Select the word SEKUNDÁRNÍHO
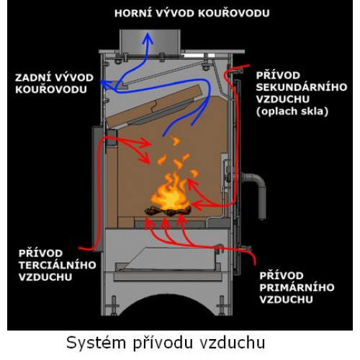tap(302, 87)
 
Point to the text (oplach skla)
tap(292, 112)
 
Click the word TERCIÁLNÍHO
tap(58, 265)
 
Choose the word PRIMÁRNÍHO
tap(297, 287)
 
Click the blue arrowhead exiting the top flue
tap(148, 39)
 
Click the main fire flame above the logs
tap(171, 194)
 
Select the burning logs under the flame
tap(168, 211)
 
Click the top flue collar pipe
tap(150, 41)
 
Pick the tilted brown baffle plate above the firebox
tap(155, 107)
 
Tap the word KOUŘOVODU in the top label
tap(234, 13)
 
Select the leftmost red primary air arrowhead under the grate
tap(149, 222)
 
